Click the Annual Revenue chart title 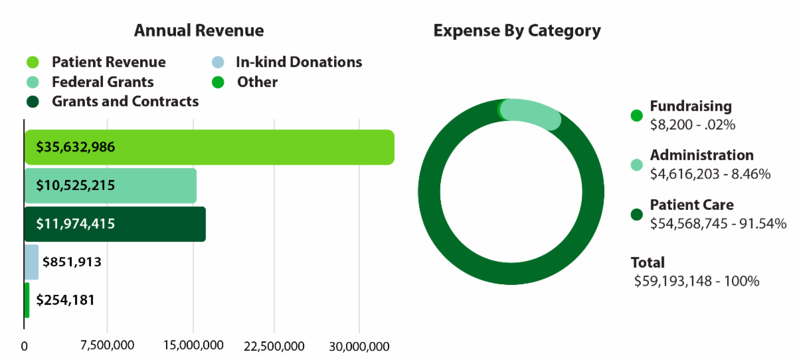tap(199, 31)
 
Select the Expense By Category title tap(517, 31)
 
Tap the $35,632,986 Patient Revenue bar tap(209, 147)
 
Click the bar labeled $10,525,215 tap(110, 185)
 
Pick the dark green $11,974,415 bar tap(115, 224)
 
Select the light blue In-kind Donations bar tap(31, 262)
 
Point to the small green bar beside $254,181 tap(27, 300)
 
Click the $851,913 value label tap(72, 262)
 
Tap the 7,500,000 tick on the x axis tap(108, 346)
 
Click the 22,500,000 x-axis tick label tap(274, 346)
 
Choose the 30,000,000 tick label tap(359, 346)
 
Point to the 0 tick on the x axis tap(25, 346)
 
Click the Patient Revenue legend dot tap(34, 62)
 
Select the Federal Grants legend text tap(103, 82)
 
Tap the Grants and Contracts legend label tap(126, 102)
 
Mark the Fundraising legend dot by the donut tap(636, 115)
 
